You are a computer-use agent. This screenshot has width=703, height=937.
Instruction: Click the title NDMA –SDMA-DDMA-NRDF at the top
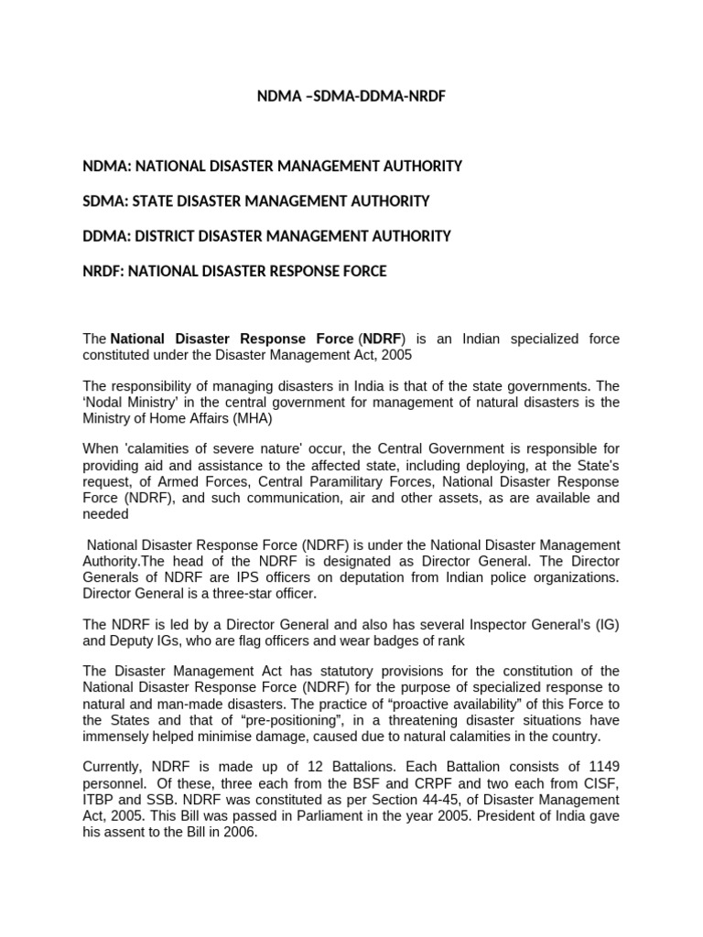pyautogui.click(x=351, y=96)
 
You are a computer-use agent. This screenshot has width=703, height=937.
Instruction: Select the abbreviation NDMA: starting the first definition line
pyautogui.click(x=107, y=166)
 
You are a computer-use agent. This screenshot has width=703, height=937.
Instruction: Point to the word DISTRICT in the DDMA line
pyautogui.click(x=168, y=235)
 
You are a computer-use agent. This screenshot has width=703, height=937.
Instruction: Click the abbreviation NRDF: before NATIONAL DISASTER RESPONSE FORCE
pyautogui.click(x=106, y=271)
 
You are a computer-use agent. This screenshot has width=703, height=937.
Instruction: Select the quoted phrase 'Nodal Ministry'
pyautogui.click(x=130, y=403)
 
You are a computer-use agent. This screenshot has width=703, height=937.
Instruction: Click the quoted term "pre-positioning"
pyautogui.click(x=288, y=720)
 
